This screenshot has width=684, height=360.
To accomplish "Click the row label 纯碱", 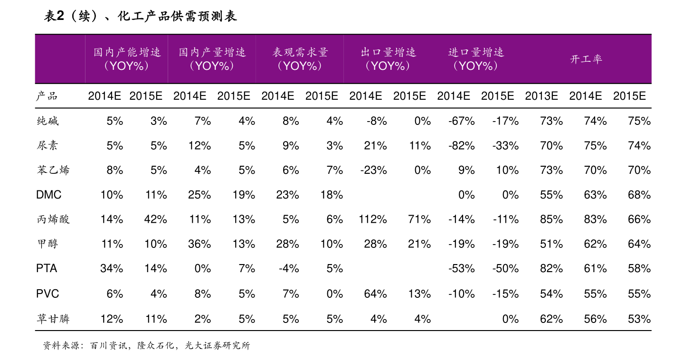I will pyautogui.click(x=47, y=121).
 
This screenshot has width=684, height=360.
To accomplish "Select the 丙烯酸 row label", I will pyautogui.click(x=53, y=219).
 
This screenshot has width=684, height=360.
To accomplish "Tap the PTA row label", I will pyautogui.click(x=47, y=269).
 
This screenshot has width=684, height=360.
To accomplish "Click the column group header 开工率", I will pyautogui.click(x=586, y=59).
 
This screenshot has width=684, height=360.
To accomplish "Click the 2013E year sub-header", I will pyautogui.click(x=541, y=96).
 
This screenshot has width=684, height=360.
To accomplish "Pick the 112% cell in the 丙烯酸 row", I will pyautogui.click(x=373, y=219).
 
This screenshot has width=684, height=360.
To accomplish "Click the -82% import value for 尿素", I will pyautogui.click(x=461, y=146).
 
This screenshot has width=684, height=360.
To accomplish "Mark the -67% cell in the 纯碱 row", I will pyautogui.click(x=461, y=121).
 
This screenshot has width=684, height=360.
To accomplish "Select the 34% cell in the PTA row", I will pyautogui.click(x=112, y=269).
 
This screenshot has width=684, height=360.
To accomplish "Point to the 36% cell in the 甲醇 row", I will pyautogui.click(x=199, y=244).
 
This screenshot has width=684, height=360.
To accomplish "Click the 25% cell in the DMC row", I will pyautogui.click(x=199, y=195).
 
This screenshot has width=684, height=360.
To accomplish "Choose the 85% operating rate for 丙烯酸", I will pyautogui.click(x=551, y=219).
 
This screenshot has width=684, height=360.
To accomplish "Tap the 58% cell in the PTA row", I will pyautogui.click(x=639, y=269).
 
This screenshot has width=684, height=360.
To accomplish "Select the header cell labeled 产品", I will pyautogui.click(x=47, y=96).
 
